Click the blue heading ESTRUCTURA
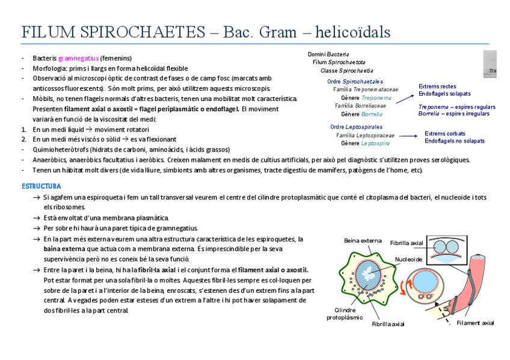click(41, 186)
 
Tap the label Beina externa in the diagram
click(363, 240)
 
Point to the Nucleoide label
click(408, 259)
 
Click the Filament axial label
click(475, 323)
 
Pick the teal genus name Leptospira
click(375, 144)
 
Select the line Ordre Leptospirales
click(356, 127)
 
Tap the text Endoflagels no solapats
click(454, 141)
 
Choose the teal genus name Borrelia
click(372, 114)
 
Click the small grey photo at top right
click(490, 64)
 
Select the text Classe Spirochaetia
click(346, 70)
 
